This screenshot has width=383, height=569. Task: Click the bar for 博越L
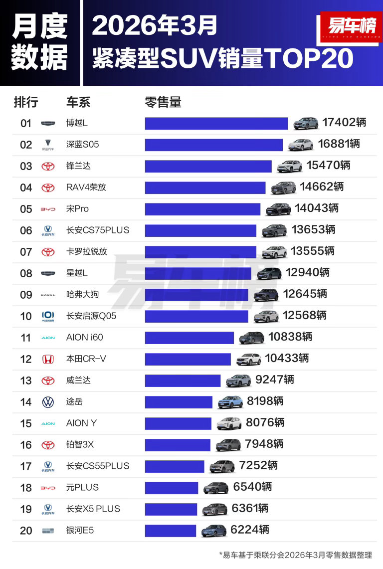[x=216, y=123]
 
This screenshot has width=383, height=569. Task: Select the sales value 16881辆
[x=339, y=144]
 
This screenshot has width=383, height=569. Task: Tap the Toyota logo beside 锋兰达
[x=48, y=166]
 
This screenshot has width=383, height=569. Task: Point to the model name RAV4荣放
[x=86, y=188]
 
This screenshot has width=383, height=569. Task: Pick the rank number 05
[x=26, y=209]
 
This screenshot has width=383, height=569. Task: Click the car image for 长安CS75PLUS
[x=274, y=230]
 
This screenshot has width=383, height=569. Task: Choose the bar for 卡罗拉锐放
[x=200, y=252]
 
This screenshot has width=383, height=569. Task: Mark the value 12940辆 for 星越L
[x=308, y=273]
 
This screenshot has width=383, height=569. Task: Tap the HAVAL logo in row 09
[x=48, y=295]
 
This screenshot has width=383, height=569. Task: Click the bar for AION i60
[x=189, y=338]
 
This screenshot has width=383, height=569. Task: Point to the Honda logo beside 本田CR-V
[x=48, y=359]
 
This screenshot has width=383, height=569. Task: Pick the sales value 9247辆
[x=274, y=380]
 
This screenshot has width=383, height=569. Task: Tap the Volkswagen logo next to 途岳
[x=48, y=402]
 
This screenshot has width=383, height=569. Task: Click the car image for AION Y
[x=229, y=423]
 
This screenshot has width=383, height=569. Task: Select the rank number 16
[x=26, y=445]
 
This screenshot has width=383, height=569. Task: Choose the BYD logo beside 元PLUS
[x=48, y=488]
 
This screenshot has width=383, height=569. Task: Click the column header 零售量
[x=163, y=102]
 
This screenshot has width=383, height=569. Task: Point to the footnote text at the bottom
[x=295, y=555]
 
